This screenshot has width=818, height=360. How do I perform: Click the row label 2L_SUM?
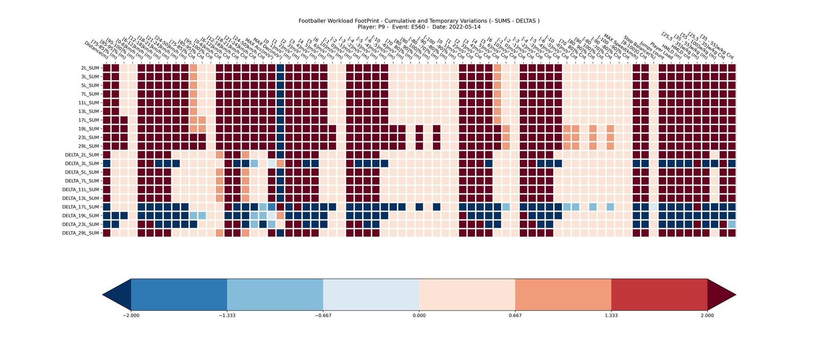[x=89, y=68]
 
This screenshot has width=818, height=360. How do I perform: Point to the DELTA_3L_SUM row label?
[x=82, y=164]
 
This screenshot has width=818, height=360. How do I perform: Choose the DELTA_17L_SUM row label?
[x=81, y=207]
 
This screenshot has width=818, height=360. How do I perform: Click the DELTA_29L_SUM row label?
[x=81, y=233]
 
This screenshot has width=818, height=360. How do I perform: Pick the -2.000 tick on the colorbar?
[x=131, y=316]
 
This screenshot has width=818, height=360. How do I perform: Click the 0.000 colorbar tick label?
[x=419, y=316]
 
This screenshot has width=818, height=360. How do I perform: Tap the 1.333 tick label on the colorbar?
[x=611, y=316]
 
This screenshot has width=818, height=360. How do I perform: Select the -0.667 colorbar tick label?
[x=323, y=316]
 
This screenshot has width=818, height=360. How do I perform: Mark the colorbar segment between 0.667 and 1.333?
[x=563, y=295]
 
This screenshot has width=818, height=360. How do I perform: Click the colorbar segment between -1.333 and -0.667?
[x=275, y=295]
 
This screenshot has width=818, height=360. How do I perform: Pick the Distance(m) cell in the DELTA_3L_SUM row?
[x=107, y=164]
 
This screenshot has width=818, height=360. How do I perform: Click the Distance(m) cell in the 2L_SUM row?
[x=107, y=68]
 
